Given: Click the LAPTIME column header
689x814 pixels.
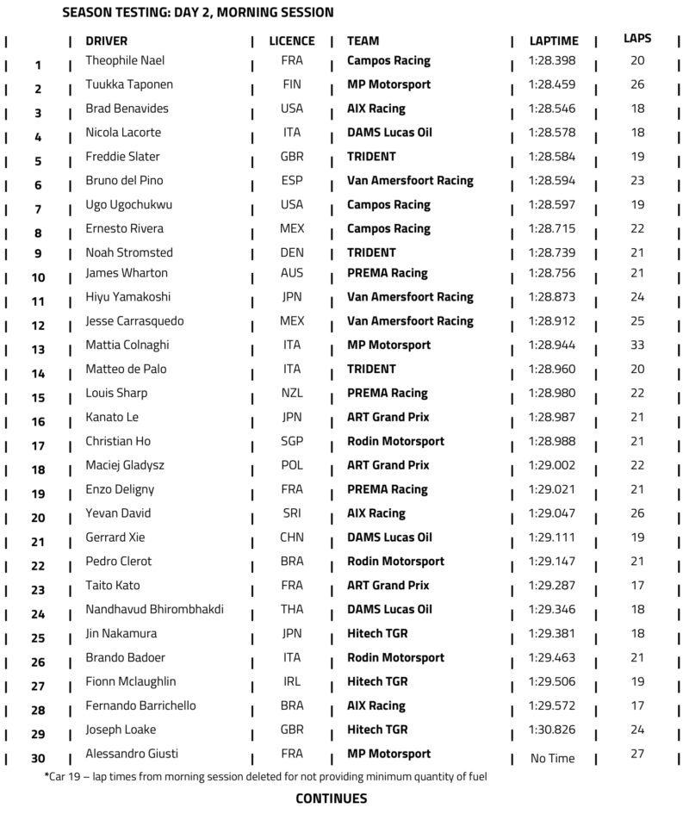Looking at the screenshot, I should [554, 40].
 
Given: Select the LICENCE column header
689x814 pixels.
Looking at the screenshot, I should [292, 40].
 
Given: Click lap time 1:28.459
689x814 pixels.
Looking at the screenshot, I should [553, 84].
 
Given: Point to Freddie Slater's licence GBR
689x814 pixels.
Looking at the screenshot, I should [292, 157].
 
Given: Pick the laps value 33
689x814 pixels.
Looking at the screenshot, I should [637, 345].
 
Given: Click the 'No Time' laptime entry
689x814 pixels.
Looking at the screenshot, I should [553, 759].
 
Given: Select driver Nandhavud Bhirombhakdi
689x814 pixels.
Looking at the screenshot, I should [155, 609].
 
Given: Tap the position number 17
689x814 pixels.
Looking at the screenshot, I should [38, 446].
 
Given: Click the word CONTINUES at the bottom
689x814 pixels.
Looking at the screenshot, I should [332, 798].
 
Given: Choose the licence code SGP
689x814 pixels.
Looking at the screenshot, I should [292, 441].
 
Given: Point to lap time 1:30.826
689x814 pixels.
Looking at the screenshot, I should [553, 730].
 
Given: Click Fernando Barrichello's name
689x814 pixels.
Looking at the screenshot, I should [140, 705].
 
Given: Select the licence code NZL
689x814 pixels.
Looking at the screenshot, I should [292, 393].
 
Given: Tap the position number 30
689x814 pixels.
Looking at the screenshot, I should [38, 759].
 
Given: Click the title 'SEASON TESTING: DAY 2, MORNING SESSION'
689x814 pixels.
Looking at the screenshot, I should [199, 13].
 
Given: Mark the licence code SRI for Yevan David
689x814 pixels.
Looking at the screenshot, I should [292, 513].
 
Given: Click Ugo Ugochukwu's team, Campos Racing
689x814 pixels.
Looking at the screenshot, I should [388, 205].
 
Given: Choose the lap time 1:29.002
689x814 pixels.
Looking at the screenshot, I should [553, 465].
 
